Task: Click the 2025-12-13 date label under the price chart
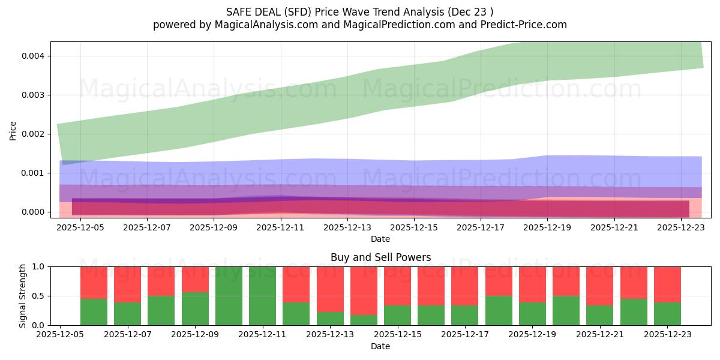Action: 347,228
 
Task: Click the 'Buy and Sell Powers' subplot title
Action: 380,257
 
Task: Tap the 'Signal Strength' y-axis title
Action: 22,296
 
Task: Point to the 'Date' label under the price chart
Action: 380,239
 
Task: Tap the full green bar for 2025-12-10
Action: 229,296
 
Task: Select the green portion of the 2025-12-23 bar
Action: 667,314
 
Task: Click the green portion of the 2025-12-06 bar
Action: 94,312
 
